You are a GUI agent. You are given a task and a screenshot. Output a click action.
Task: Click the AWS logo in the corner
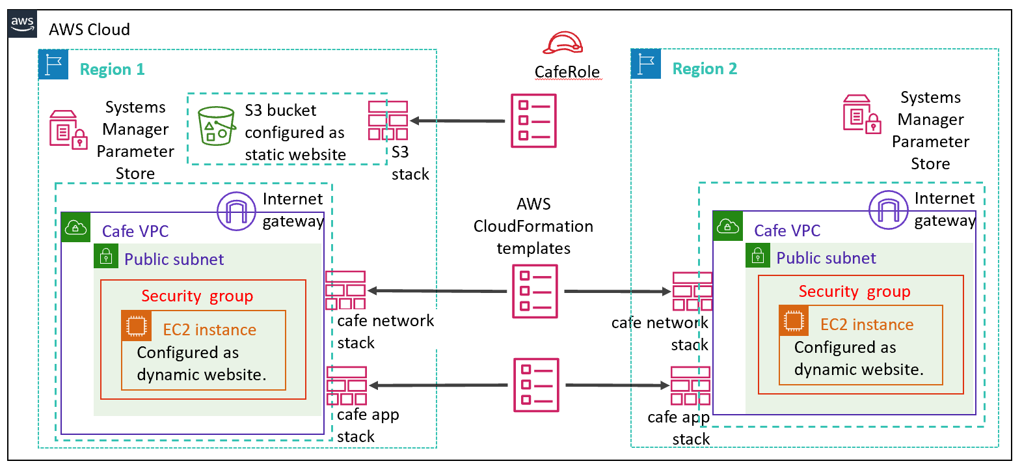point(22,23)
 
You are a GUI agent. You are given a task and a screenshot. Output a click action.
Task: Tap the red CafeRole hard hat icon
point(563,43)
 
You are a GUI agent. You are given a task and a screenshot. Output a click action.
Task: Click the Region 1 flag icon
point(53,64)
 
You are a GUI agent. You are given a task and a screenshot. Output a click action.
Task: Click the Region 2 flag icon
point(646,64)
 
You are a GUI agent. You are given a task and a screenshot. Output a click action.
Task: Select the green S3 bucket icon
point(216,126)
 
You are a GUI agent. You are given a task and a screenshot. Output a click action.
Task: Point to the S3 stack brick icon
point(388,120)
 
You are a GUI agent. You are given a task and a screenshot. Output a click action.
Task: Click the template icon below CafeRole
point(533,121)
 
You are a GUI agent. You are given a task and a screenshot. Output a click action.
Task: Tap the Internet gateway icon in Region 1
point(236,211)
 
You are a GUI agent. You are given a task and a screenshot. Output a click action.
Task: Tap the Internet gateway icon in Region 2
point(888,210)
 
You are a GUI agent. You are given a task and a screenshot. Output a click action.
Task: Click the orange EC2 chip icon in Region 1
point(137,326)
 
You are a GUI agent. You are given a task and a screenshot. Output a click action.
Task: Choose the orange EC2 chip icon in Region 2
point(794,320)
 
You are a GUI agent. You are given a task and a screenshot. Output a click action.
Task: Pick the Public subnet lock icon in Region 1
point(106,257)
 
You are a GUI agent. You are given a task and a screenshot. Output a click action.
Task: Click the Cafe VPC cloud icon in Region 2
point(727,226)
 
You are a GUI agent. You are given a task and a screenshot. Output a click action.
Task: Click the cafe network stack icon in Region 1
point(345,290)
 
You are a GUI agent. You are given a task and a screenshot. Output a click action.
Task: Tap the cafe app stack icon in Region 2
point(690,385)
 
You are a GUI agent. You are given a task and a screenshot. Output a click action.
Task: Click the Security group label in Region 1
point(197,296)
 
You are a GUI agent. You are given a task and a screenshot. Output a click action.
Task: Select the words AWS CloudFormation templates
point(533,227)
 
